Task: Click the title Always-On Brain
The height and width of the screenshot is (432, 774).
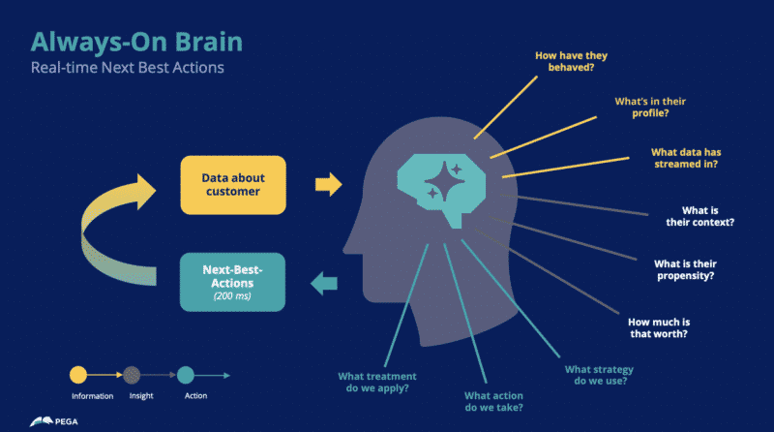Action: click(x=136, y=42)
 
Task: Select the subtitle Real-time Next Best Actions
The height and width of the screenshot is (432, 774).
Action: click(x=127, y=69)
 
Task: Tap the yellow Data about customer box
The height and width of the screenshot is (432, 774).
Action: click(x=232, y=184)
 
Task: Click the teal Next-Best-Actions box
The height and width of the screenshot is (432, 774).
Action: click(x=232, y=281)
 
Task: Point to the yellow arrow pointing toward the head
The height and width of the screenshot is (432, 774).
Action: click(x=329, y=182)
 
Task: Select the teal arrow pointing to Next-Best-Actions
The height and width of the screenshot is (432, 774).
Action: click(x=324, y=283)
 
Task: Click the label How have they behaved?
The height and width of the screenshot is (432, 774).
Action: click(x=571, y=63)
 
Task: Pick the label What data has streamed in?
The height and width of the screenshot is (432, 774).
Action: click(x=691, y=157)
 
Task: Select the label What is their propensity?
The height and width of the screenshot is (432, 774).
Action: click(x=684, y=269)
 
